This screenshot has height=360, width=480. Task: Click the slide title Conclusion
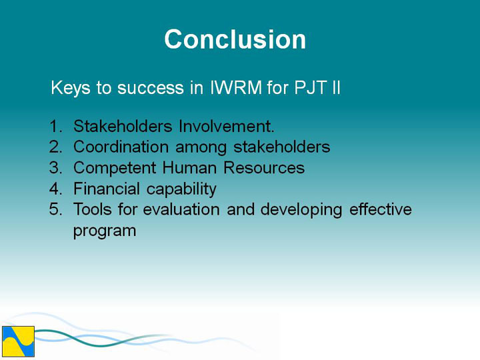(x=235, y=39)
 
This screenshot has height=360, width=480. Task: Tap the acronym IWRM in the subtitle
(x=236, y=87)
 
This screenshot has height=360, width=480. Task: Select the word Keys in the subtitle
(x=71, y=89)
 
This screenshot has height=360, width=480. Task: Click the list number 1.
(x=55, y=126)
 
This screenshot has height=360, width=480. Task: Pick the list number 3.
(x=55, y=168)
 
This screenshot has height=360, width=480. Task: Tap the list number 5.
(x=55, y=209)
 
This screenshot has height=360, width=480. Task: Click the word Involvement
(x=226, y=126)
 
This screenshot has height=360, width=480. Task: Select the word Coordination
(x=121, y=147)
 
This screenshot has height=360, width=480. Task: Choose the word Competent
(x=115, y=168)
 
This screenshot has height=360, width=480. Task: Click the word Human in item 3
(x=189, y=168)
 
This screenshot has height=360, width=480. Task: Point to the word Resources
(x=264, y=168)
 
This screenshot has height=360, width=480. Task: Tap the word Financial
(x=107, y=189)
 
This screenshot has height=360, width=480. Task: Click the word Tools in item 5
(x=93, y=209)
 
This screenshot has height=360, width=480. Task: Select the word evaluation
(x=181, y=209)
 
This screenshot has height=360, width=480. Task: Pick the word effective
(x=381, y=209)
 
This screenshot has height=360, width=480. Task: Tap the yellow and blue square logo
(x=18, y=341)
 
